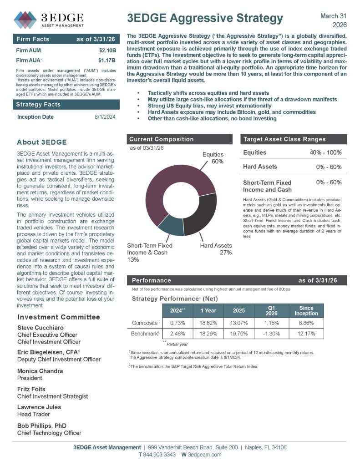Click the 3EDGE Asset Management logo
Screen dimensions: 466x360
click(49, 20)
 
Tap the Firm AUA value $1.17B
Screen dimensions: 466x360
click(107, 60)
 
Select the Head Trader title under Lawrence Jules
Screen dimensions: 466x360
click(33, 414)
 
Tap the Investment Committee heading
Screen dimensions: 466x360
click(58, 317)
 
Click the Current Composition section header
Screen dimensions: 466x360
click(162, 139)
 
